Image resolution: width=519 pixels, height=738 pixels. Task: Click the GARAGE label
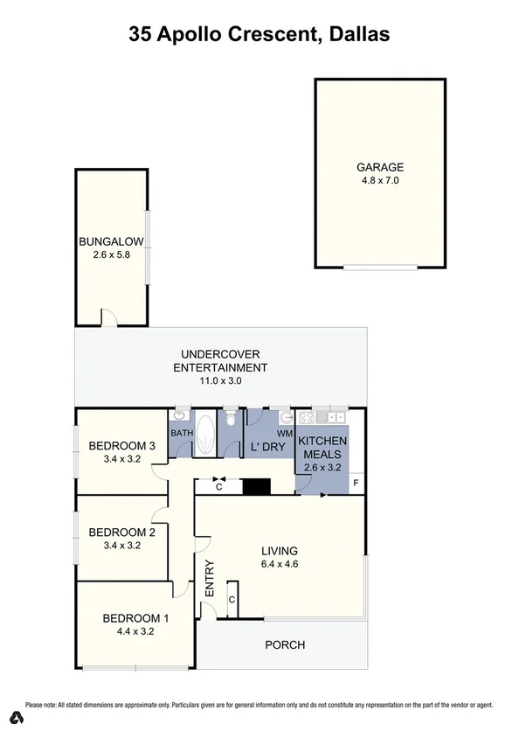pos(379,167)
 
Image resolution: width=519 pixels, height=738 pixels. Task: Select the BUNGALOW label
pos(111,242)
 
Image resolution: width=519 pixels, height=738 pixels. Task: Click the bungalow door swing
pos(108,318)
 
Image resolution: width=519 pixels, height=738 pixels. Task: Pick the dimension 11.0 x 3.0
pos(220,381)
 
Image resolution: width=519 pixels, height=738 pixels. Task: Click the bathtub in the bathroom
pos(206,435)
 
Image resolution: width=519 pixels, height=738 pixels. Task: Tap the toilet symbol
pos(230,415)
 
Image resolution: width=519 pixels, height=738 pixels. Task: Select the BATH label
pos(181,433)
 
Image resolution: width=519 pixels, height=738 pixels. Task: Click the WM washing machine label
pos(284,433)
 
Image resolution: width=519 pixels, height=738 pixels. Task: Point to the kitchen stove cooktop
pos(308,418)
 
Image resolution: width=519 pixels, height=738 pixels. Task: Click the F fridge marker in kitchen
pos(356,483)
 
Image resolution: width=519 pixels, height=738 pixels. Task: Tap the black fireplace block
pos(256,486)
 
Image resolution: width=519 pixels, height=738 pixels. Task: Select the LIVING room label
pos(280,551)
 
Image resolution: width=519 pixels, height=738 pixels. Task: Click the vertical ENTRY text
pos(210,578)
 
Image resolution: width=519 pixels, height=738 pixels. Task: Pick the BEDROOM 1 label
pos(135,618)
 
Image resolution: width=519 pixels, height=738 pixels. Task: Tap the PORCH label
pos(285,645)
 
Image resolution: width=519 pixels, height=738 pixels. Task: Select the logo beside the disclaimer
pos(15,718)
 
